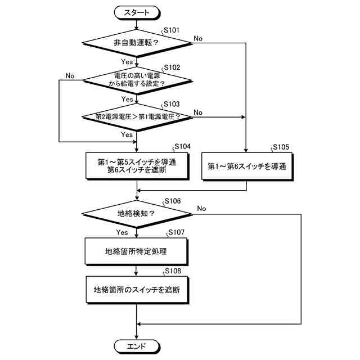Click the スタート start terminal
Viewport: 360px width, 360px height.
[137, 11]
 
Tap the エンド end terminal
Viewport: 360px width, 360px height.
[137, 345]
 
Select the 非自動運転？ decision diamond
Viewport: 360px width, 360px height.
[137, 43]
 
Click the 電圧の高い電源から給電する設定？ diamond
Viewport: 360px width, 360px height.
[137, 79]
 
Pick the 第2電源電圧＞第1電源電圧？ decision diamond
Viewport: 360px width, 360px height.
[137, 117]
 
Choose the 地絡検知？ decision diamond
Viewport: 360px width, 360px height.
[137, 213]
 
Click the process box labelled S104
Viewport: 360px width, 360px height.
[137, 166]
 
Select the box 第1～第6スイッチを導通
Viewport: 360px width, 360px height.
[247, 166]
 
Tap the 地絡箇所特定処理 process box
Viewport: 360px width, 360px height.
[137, 251]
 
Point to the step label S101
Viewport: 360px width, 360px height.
[172, 29]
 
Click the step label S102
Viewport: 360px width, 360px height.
[172, 67]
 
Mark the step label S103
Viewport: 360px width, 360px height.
[172, 105]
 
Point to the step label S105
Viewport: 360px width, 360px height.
[280, 147]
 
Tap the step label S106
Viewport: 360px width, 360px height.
[172, 201]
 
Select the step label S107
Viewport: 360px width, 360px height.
[175, 232]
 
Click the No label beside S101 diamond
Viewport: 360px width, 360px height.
[199, 38]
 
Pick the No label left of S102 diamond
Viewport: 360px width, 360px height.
[70, 75]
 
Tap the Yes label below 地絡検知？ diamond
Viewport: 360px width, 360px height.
[122, 232]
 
